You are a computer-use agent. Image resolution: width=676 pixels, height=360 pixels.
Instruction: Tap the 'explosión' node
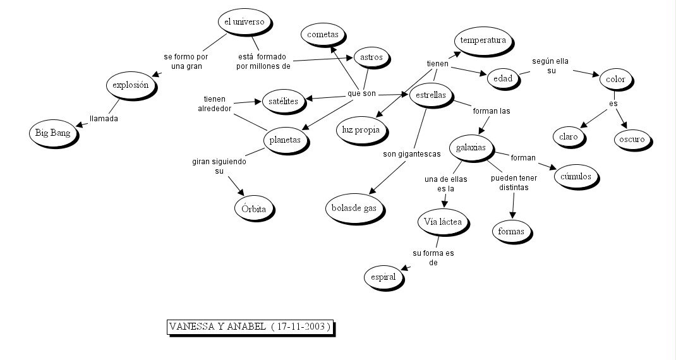130,85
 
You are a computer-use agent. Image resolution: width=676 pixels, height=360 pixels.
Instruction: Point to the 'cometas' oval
323,34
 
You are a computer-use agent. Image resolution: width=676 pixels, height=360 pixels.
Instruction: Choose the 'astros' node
371,57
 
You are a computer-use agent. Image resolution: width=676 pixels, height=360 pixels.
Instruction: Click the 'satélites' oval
283,100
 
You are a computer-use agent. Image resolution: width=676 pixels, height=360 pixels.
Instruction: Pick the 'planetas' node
285,140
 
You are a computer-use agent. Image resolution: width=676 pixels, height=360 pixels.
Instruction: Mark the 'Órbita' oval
255,208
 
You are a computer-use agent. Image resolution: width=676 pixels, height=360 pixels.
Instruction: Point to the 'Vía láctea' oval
442,222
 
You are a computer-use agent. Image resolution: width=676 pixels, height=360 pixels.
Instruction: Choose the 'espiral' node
383,277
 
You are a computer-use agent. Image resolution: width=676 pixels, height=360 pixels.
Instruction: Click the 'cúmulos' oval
576,177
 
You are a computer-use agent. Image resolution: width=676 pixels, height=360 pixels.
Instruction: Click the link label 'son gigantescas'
411,153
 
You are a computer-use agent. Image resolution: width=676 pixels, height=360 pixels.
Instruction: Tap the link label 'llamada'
104,118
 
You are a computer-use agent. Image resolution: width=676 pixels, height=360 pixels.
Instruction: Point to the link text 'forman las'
491,111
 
